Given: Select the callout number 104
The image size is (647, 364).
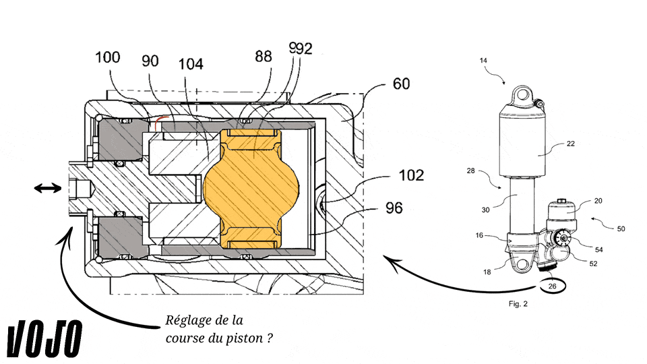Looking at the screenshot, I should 191,64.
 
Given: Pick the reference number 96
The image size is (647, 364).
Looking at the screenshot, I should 394,208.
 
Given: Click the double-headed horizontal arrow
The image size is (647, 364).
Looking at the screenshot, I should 47,190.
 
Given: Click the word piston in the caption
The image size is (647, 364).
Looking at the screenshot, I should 237,337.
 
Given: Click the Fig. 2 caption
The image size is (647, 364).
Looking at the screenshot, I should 518,304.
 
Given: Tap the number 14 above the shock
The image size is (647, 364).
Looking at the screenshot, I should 484,61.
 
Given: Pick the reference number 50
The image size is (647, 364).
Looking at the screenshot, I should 621,229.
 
